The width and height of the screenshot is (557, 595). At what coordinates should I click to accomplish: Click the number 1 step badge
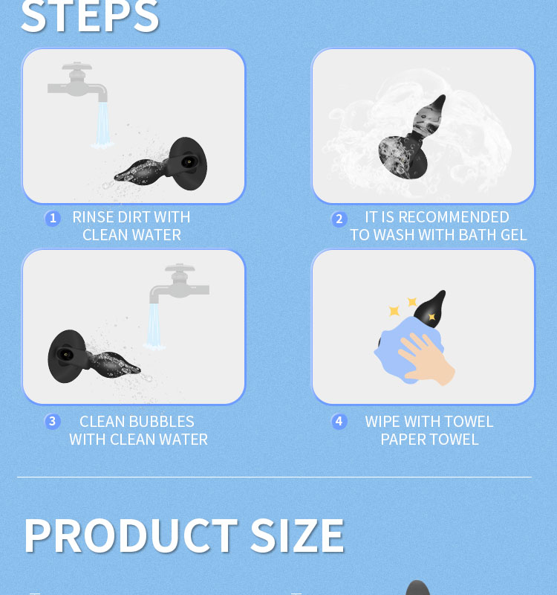pos(53,219)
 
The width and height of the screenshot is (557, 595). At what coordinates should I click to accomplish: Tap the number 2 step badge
pos(339,219)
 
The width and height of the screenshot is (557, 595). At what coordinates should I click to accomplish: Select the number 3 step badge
pos(52,421)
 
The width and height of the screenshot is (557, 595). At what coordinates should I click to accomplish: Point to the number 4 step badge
pos(339,421)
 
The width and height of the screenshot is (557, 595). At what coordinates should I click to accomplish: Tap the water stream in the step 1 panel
pos(102,124)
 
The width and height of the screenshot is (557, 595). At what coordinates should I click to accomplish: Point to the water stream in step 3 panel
pos(154,326)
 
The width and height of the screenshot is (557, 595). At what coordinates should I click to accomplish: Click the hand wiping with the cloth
pos(426,358)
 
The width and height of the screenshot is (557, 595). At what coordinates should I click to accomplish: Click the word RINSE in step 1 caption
pos(94,217)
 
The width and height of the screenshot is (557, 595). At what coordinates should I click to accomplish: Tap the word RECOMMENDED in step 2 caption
pos(454,217)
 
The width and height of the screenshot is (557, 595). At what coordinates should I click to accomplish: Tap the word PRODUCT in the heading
pos(131,535)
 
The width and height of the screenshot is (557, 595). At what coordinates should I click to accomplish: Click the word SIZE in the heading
pos(298,535)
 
